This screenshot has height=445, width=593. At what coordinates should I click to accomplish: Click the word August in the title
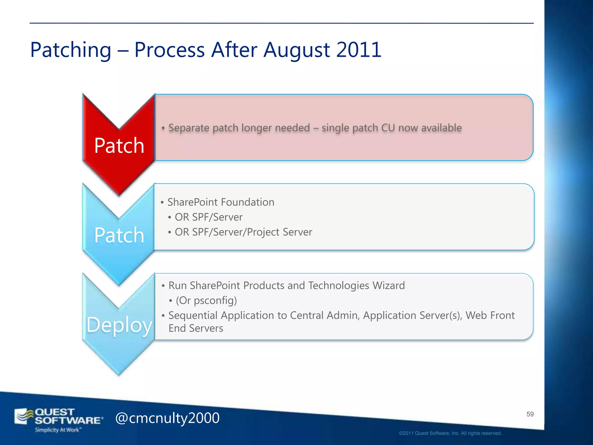pyautogui.click(x=296, y=50)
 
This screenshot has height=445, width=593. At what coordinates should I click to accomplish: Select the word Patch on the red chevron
pyautogui.click(x=119, y=145)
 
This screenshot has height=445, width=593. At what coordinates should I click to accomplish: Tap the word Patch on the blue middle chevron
pyautogui.click(x=119, y=235)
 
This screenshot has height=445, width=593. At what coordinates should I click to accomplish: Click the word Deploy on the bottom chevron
pyautogui.click(x=119, y=325)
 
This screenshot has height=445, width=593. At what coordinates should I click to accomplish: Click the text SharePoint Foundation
pyautogui.click(x=221, y=202)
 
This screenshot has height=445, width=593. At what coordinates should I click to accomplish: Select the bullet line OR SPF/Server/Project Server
pyautogui.click(x=243, y=232)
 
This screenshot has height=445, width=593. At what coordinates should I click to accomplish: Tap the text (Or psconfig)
pyautogui.click(x=206, y=300)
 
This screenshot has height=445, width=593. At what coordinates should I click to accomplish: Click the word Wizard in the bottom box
pyautogui.click(x=389, y=286)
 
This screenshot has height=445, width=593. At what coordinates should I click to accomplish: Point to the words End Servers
pyautogui.click(x=196, y=328)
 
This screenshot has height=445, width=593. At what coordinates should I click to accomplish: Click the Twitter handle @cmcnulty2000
pyautogui.click(x=167, y=418)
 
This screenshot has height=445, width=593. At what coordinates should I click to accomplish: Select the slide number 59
pyautogui.click(x=530, y=414)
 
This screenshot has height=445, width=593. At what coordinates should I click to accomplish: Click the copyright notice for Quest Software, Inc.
pyautogui.click(x=451, y=433)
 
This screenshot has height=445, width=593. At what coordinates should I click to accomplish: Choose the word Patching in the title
pyautogui.click(x=71, y=50)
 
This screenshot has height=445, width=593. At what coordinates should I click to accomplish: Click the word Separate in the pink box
pyautogui.click(x=189, y=128)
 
